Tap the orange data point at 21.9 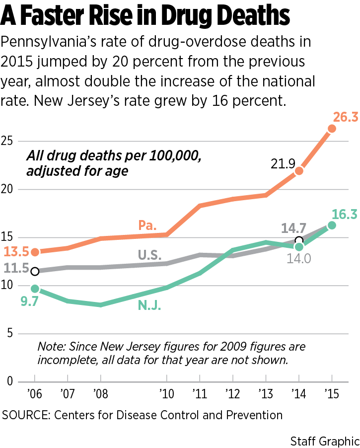[x=299, y=171]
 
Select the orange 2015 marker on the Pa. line [x=332, y=129]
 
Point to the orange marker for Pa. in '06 [x=35, y=252]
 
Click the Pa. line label [x=147, y=225]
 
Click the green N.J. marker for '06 [x=35, y=289]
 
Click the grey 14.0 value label [x=298, y=258]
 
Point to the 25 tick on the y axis [x=9, y=141]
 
